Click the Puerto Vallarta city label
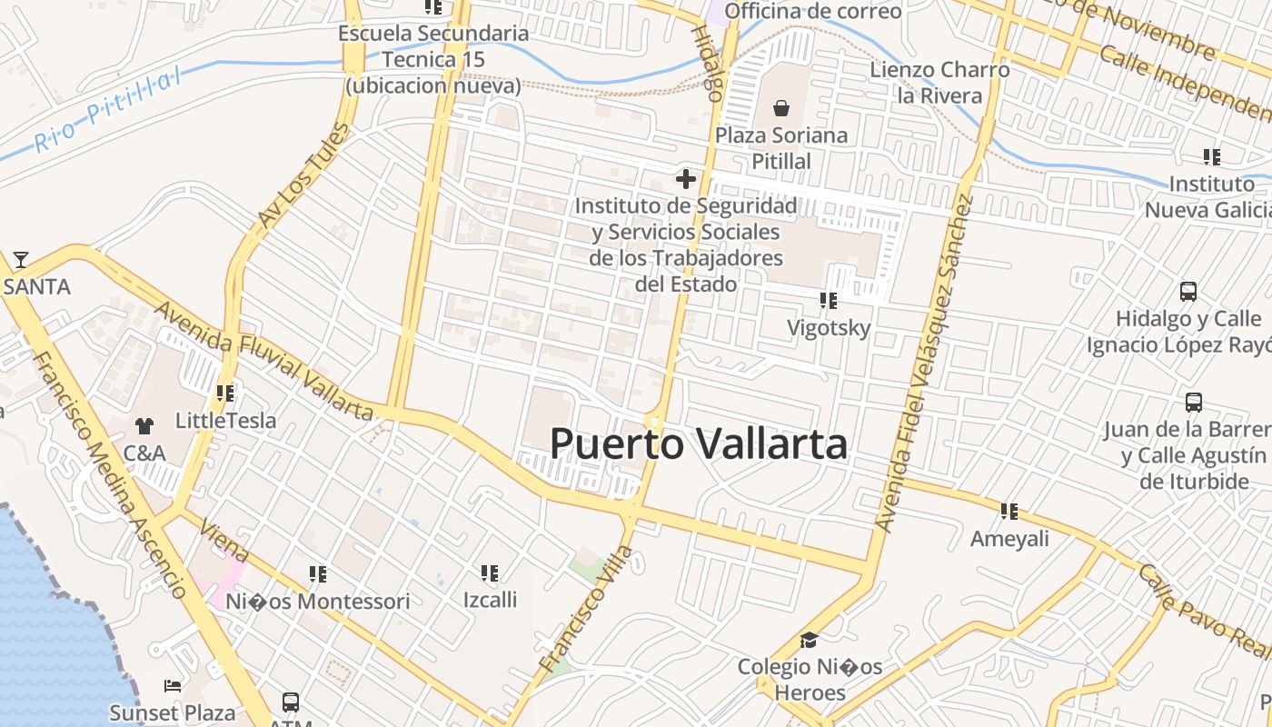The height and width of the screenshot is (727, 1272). point(699,444)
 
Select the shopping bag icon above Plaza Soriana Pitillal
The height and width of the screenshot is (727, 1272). point(780,109)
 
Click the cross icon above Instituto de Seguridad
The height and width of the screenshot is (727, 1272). point(686,179)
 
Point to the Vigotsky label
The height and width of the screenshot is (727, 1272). point(829,327)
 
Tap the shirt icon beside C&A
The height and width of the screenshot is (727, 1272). point(144,425)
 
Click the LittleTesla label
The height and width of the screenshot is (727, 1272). point(225,421)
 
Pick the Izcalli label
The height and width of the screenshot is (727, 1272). point(490,599)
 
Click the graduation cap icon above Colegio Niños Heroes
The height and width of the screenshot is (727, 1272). point(809,641)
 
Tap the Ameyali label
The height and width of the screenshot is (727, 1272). point(1009,538)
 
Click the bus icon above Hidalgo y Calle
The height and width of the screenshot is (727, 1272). point(1188,292)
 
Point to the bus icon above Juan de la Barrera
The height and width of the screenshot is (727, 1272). point(1193,402)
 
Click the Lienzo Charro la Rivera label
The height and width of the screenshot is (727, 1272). point(939,83)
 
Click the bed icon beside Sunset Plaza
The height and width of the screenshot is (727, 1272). point(173,686)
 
